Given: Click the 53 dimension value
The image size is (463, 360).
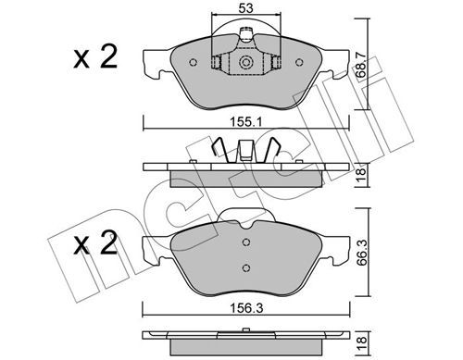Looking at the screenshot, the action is click(x=245, y=8).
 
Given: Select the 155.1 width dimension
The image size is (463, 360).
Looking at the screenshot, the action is click(x=246, y=122).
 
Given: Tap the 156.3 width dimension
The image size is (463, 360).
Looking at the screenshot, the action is click(x=246, y=308).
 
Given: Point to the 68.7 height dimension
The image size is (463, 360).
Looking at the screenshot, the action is click(x=362, y=65).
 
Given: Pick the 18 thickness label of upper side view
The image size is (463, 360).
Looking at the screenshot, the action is click(x=362, y=175).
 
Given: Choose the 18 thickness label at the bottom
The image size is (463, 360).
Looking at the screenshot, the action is click(x=362, y=342).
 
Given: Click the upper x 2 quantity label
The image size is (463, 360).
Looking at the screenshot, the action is click(x=95, y=56).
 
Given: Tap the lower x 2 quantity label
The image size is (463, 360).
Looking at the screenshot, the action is click(x=95, y=242).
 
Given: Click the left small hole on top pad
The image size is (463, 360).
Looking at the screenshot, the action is click(x=193, y=63).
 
